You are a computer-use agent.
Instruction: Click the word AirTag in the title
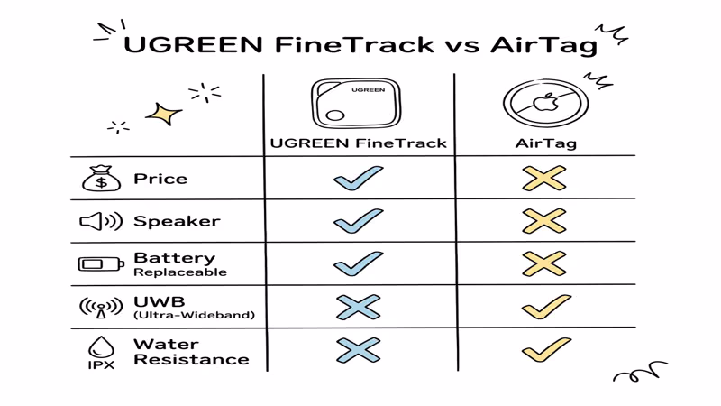point(543,44)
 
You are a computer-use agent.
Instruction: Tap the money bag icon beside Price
point(101,179)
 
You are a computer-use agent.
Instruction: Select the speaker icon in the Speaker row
point(100,221)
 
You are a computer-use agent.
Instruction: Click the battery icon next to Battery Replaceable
point(101,264)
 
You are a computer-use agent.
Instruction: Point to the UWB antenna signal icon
point(101,308)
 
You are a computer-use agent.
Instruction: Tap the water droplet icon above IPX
point(101,346)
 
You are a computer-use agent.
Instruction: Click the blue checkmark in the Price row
point(358,179)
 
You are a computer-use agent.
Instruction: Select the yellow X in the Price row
point(544,179)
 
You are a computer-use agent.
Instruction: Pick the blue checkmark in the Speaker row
point(358,221)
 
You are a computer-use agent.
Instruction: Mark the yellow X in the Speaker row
point(544,221)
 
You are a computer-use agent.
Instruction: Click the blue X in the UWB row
point(358,308)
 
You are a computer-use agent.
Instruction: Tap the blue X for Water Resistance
point(358,350)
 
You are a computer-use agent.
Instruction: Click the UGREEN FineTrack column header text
point(359,143)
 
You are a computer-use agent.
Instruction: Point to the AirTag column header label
point(545,143)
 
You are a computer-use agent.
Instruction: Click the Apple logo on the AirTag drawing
point(545,103)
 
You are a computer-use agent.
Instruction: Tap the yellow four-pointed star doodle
point(163,115)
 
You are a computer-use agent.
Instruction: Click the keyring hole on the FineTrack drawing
point(334,116)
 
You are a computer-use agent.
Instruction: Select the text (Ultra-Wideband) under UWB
point(194,315)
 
